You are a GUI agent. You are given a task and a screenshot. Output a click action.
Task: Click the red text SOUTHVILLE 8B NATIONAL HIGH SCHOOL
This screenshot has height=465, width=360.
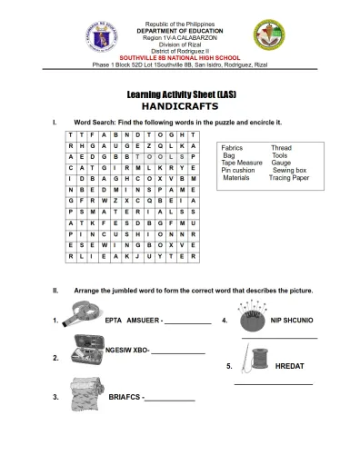(179, 57)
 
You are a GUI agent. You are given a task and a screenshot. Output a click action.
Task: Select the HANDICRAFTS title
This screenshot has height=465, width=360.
(180, 105)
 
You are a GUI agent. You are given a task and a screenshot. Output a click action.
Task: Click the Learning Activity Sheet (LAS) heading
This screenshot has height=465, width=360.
(180, 94)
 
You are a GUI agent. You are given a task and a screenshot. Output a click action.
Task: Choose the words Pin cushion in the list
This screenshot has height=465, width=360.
(238, 170)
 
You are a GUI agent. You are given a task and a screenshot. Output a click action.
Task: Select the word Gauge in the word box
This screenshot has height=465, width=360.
(281, 163)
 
